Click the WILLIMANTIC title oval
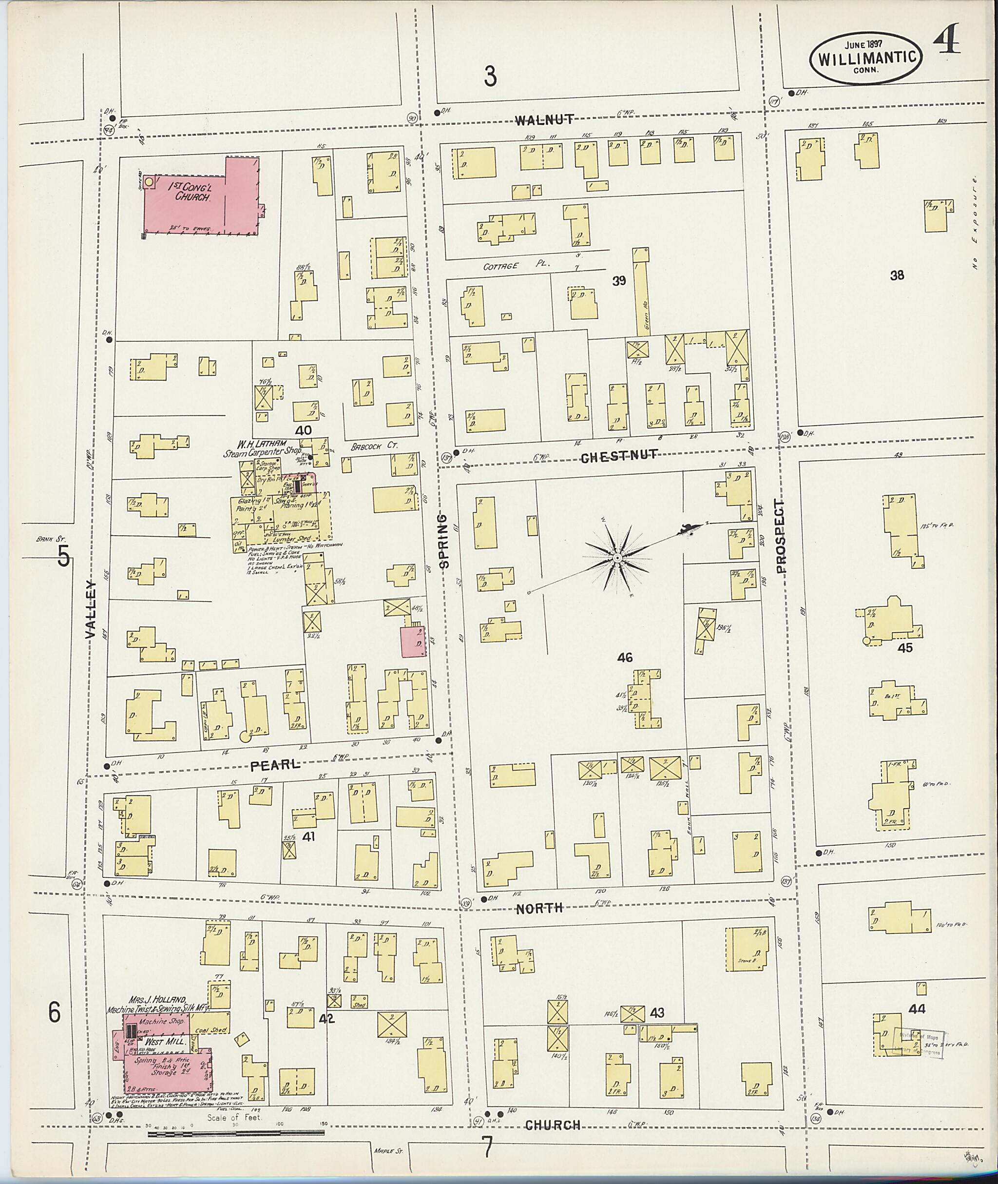point(866,58)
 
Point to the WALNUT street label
point(545,119)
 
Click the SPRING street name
point(444,541)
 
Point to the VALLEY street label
point(91,609)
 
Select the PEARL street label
point(275,765)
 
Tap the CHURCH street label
point(553,1126)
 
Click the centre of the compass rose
point(617,558)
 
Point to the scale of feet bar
point(236,1133)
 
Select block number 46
point(625,658)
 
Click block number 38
point(897,275)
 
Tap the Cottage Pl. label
point(510,266)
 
